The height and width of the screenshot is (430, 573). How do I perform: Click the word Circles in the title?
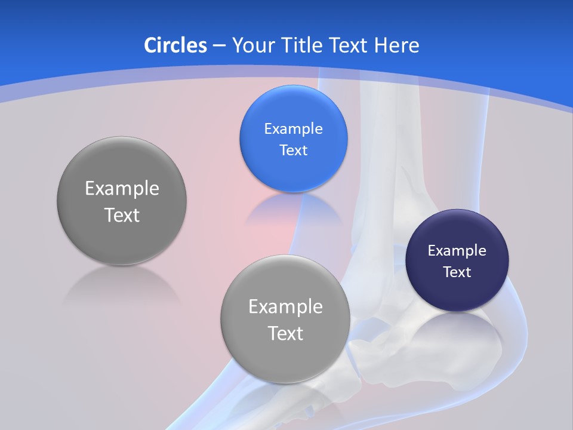coord(175,45)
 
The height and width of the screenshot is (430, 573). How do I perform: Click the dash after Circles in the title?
coord(218,46)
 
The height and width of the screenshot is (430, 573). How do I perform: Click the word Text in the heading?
coord(351,45)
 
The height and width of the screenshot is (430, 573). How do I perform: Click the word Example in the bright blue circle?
coord(293,129)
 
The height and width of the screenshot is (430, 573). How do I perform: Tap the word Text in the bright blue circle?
coord(293,150)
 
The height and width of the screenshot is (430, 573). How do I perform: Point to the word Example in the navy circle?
coord(457,251)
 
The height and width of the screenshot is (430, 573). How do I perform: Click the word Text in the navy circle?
coord(457,272)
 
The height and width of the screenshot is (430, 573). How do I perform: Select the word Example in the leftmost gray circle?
coord(122,189)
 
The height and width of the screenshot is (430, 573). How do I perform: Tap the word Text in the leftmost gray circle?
coord(122,215)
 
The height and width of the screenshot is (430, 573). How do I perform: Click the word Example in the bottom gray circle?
coord(285,307)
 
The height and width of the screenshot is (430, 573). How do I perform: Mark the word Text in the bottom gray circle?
coord(285,333)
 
